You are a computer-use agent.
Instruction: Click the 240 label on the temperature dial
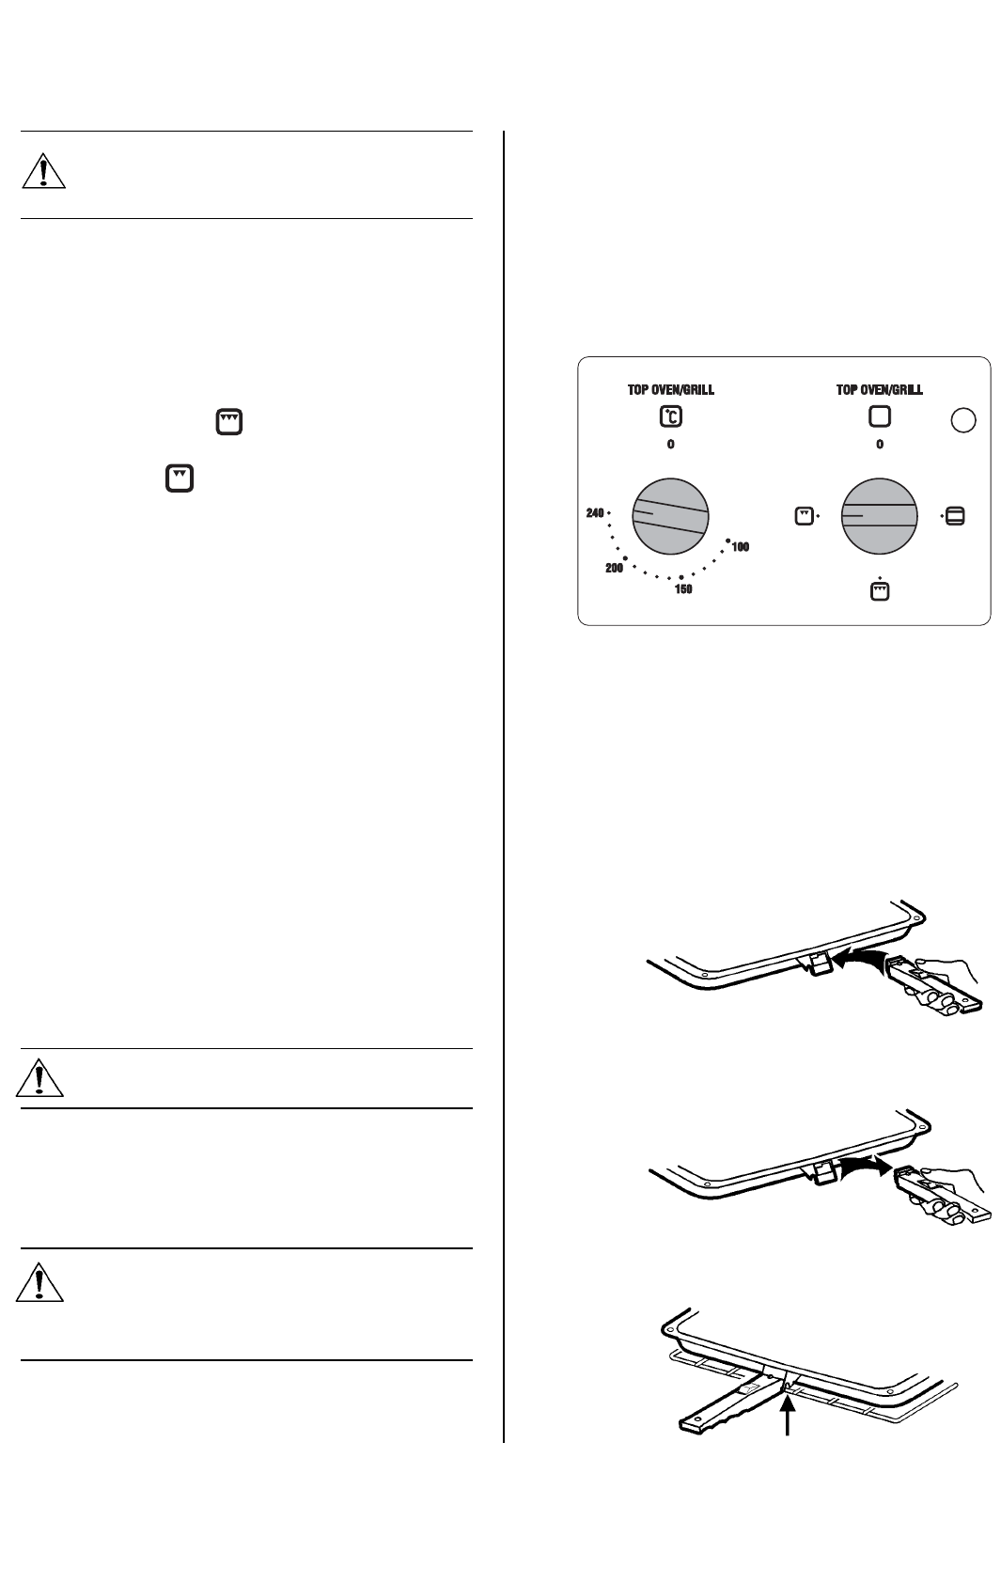594,513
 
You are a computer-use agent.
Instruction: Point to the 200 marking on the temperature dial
614,569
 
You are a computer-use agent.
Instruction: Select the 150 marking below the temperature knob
683,589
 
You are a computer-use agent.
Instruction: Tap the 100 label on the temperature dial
740,547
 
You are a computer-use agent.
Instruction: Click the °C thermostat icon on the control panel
670,417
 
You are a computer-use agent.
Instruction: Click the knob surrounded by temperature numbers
669,517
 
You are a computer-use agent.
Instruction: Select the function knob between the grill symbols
879,517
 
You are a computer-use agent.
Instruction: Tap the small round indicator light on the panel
962,421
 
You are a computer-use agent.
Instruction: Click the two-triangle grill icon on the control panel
804,516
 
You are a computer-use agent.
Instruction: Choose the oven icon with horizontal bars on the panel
955,516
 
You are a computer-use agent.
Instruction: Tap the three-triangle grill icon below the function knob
880,591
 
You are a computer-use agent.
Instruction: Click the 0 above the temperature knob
670,445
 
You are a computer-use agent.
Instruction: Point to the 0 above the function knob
880,445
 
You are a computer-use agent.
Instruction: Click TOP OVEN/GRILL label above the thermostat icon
670,389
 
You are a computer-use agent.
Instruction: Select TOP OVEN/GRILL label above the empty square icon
880,389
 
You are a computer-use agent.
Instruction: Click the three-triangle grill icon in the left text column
229,422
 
